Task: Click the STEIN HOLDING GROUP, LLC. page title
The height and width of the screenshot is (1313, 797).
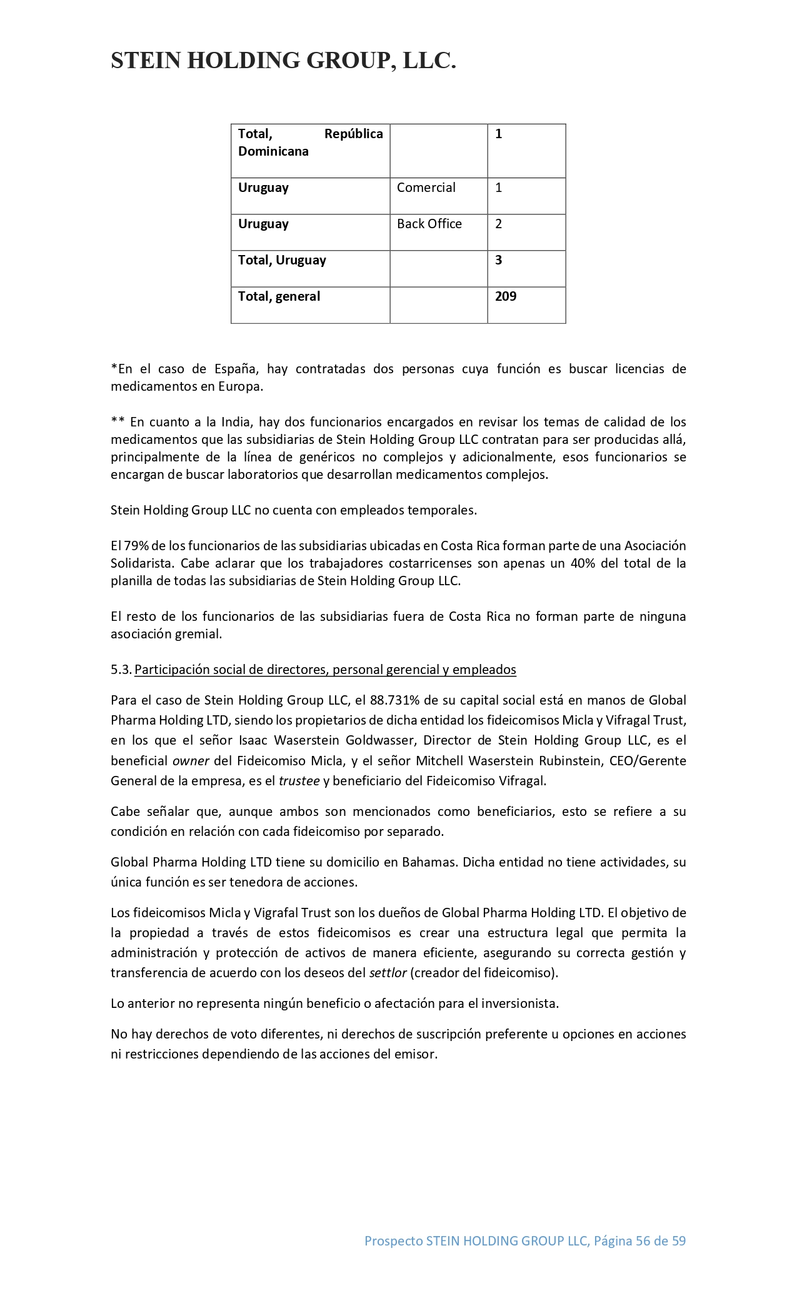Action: pyautogui.click(x=283, y=61)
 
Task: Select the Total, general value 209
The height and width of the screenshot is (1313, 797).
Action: pyautogui.click(x=506, y=296)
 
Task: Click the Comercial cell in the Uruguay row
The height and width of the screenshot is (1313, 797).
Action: pyautogui.click(x=426, y=188)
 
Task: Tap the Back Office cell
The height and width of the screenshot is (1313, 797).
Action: pyautogui.click(x=429, y=224)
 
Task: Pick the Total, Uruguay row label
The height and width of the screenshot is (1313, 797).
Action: pyautogui.click(x=282, y=260)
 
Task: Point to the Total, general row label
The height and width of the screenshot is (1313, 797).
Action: pyautogui.click(x=279, y=296)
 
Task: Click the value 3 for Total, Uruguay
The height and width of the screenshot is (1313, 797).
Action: pyautogui.click(x=498, y=260)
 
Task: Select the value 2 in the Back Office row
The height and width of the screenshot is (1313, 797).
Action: pyautogui.click(x=498, y=224)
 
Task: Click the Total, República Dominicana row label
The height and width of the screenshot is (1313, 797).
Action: pyautogui.click(x=310, y=143)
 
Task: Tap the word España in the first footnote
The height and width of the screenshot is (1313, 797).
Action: pyautogui.click(x=235, y=369)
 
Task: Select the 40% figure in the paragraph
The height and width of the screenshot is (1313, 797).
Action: pyautogui.click(x=583, y=563)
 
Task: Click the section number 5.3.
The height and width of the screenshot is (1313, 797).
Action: pyautogui.click(x=121, y=670)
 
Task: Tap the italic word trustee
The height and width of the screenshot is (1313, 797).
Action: pyautogui.click(x=299, y=781)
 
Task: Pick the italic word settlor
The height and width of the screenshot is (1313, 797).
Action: pyautogui.click(x=388, y=973)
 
